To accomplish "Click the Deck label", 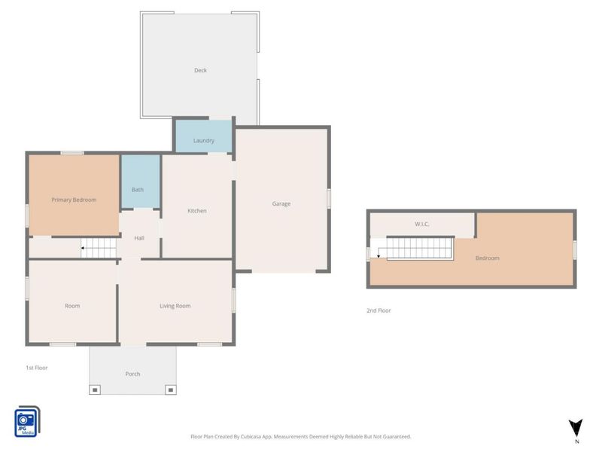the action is point(200,70).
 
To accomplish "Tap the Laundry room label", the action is point(203,141).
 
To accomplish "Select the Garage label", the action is point(281,203).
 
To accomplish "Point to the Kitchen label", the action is point(197,211).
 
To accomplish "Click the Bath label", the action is point(138,190).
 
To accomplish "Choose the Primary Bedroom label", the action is point(74,200).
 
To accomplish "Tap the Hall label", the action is point(139,238).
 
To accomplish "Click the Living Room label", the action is point(175,306).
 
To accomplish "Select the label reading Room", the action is point(72,306).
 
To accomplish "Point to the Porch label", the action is point(132,374).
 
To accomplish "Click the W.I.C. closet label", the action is point(421,224).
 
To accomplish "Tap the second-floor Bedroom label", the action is point(487,258).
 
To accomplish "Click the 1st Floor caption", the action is point(37,368).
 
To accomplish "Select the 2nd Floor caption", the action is point(379,310).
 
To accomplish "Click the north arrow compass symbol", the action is point(576,429).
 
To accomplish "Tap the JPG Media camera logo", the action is point(27,422).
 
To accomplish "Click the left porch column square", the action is point(95,390).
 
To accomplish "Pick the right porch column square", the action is point(171,390).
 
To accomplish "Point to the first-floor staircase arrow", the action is point(83,249).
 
